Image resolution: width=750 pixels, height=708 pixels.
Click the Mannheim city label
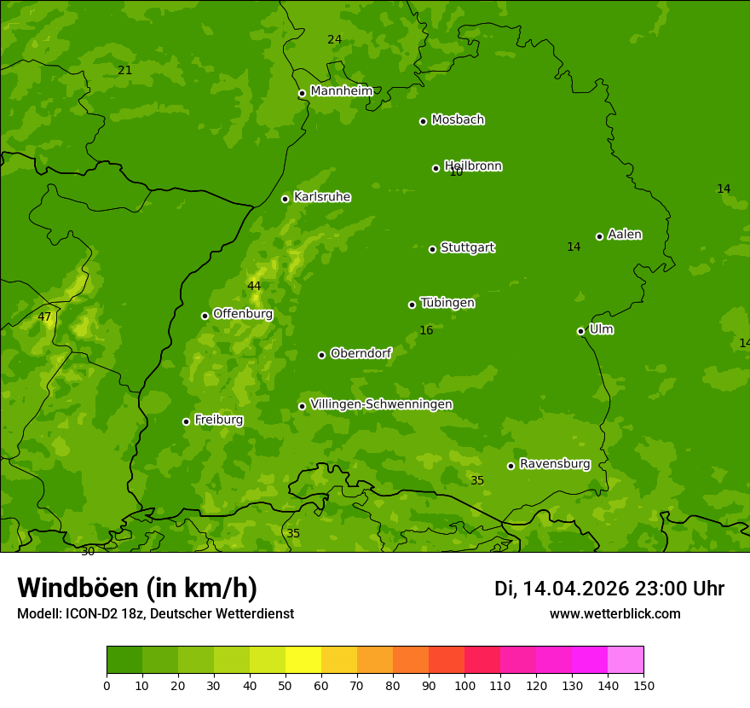pos(341,91)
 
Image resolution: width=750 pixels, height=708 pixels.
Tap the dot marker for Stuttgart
pos(432,249)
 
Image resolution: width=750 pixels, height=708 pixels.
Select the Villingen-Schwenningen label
pos(381,404)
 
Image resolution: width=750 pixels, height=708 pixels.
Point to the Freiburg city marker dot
pos(186,421)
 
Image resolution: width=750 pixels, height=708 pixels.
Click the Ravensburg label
pos(555,464)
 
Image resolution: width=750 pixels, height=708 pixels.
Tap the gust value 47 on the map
pos(44,316)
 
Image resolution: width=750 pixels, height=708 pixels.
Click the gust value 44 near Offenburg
pos(254,286)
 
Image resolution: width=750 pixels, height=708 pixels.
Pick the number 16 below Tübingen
pos(426,330)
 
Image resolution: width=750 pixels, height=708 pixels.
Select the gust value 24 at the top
pos(335,39)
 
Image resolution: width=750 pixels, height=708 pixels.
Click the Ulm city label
pos(601,329)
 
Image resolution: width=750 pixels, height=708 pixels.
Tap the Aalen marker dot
pos(599,236)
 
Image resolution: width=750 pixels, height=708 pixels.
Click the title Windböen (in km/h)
pos(137,588)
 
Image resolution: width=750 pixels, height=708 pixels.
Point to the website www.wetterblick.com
pos(614,613)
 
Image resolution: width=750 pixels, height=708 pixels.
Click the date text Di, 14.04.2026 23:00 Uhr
pos(609,589)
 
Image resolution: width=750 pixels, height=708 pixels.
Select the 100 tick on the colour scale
pos(464,684)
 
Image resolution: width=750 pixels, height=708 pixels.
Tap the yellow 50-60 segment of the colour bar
pos(303,660)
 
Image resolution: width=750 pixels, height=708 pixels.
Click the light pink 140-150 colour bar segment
pos(626,660)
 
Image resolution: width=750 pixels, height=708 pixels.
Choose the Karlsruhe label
pos(321,197)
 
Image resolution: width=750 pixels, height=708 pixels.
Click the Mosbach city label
pos(458,119)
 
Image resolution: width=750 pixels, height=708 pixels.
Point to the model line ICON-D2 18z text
pos(155,613)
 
